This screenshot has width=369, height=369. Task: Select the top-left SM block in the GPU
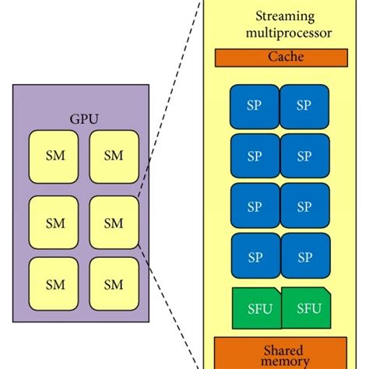(55, 155)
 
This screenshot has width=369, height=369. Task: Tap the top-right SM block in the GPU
(114, 155)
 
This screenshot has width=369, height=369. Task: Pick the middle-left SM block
(55, 223)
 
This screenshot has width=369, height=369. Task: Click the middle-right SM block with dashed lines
(114, 223)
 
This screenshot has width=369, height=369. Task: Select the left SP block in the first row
(255, 107)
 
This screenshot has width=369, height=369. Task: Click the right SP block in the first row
(304, 107)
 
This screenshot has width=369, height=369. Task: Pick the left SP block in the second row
(255, 156)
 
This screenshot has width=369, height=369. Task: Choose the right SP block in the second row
(304, 156)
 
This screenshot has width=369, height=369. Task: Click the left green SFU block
(255, 308)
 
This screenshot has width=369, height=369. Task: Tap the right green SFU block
(306, 307)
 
